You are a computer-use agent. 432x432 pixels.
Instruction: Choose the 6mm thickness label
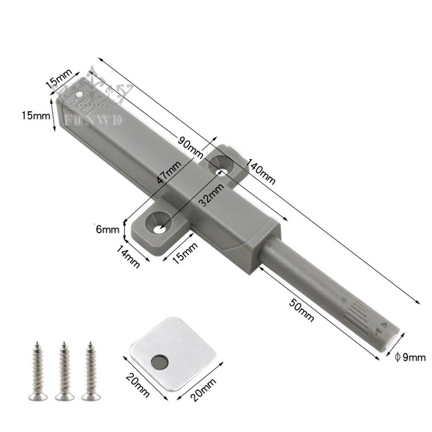coord(107,229)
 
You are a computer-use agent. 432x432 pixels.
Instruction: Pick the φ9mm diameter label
coord(410,357)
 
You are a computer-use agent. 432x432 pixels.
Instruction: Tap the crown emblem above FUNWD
coord(93,93)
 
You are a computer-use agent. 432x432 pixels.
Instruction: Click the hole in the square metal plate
coord(159,360)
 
